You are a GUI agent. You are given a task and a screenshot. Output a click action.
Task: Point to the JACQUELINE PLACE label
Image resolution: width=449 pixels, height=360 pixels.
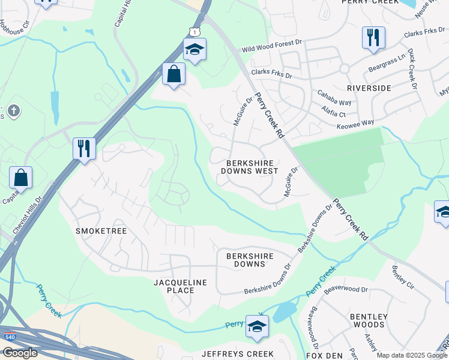tap(180, 286)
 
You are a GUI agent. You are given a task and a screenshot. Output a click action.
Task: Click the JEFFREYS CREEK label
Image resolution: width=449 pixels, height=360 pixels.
tap(237, 354)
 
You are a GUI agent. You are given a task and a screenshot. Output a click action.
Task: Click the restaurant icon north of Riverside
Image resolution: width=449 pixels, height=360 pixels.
tap(373, 37)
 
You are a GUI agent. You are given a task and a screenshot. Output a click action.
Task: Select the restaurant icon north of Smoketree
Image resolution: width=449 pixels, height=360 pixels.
tap(84, 148)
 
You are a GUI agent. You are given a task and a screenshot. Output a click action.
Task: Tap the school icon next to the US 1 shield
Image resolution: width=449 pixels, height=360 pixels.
tap(194, 49)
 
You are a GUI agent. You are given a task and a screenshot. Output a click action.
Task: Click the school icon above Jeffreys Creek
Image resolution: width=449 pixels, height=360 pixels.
tap(257, 326)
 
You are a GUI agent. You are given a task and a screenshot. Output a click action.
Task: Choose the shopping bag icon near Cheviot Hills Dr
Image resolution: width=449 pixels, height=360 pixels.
tap(20, 178)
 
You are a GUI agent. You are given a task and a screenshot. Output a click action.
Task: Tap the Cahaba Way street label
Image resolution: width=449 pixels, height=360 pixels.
tap(335, 103)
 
